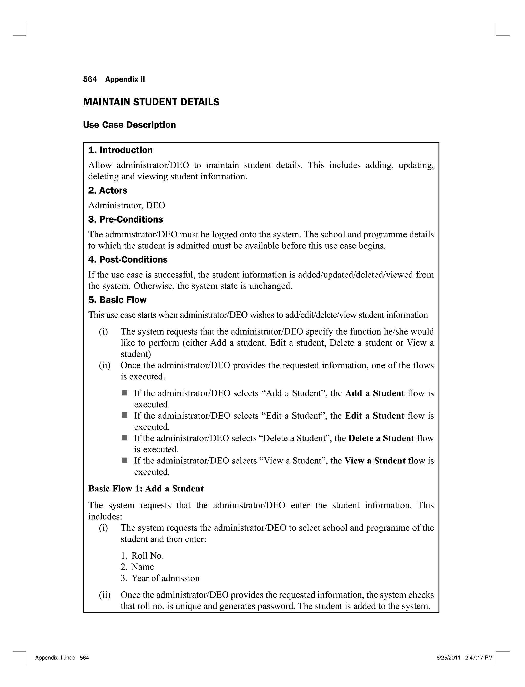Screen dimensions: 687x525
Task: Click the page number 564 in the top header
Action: click(90, 79)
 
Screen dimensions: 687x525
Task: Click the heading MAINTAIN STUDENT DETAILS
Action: click(151, 102)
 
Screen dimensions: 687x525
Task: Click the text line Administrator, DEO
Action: click(127, 206)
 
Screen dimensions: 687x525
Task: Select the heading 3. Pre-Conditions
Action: click(125, 220)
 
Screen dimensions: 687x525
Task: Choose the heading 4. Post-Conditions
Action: click(128, 260)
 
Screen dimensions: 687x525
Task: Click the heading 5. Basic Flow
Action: click(117, 300)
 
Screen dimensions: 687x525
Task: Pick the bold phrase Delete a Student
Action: click(381, 438)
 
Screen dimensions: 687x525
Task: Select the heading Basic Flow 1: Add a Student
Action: click(146, 489)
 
